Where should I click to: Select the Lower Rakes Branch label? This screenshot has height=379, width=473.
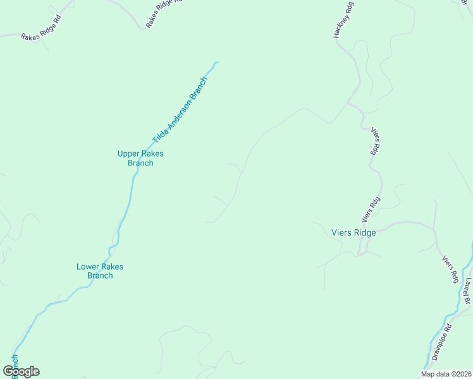click(100, 271)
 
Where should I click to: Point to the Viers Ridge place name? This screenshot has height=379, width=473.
click(353, 232)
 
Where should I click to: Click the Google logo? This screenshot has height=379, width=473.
click(21, 371)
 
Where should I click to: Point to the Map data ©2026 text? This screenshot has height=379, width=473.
click(445, 374)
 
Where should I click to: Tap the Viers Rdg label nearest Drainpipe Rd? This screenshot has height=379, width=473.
click(450, 269)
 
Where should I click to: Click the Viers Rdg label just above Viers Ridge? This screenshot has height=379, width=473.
click(371, 210)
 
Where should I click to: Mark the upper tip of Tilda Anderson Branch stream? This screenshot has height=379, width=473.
click(216, 63)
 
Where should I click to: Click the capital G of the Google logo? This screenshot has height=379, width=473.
click(9, 371)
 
